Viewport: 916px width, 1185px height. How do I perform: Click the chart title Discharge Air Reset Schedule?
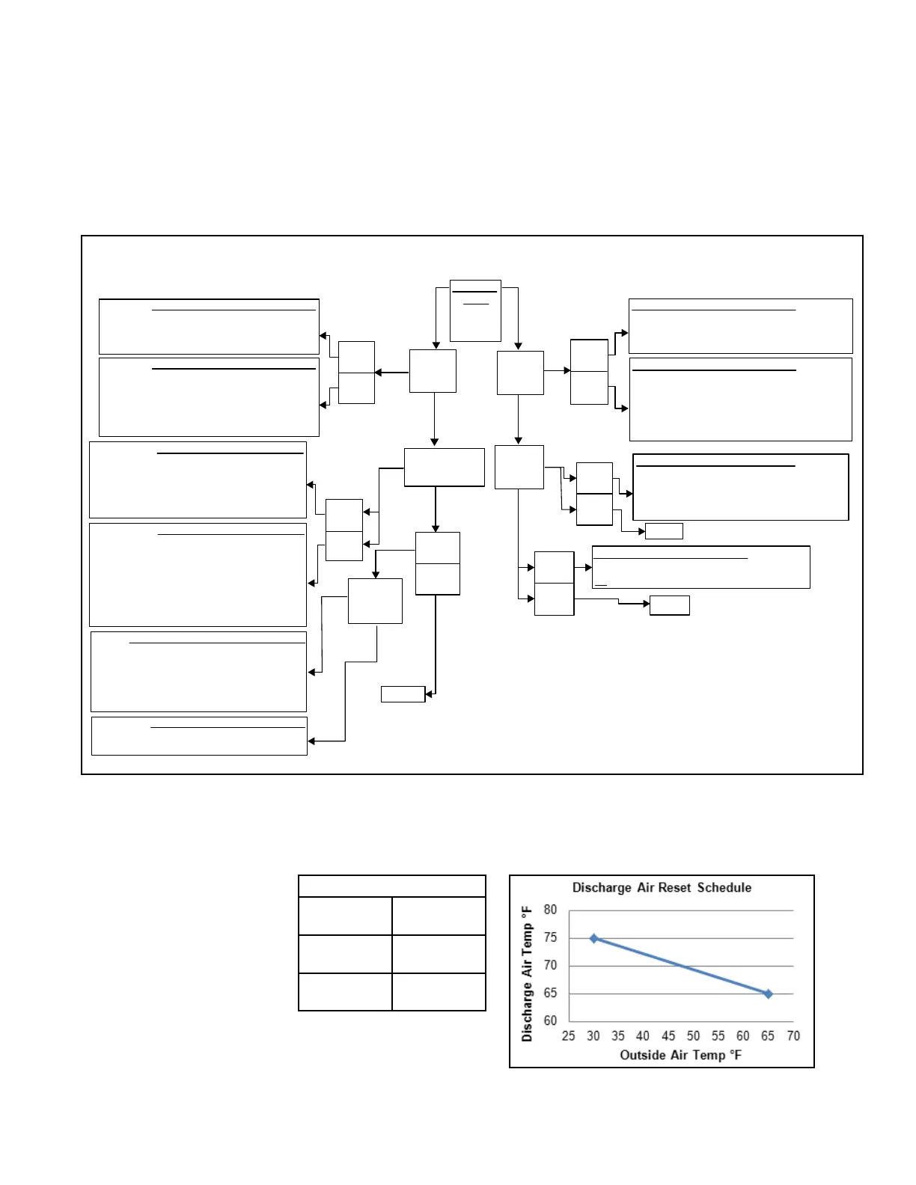(662, 887)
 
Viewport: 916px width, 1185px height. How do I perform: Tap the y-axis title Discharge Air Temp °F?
(526, 973)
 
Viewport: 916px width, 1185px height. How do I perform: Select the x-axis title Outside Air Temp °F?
(680, 1055)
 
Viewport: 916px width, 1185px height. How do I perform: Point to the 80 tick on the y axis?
(550, 910)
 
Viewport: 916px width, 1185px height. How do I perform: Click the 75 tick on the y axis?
(550, 937)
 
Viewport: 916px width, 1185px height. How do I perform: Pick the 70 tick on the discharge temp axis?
(550, 965)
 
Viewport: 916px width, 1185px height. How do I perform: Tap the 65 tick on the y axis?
(550, 993)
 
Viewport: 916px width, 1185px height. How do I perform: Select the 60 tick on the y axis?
(550, 1021)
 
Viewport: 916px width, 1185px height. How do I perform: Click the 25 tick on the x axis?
(569, 1035)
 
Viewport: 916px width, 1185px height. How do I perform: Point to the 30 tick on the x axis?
(593, 1035)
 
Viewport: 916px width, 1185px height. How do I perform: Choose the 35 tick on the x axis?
(618, 1035)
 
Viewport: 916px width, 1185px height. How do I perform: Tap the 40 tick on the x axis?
(643, 1035)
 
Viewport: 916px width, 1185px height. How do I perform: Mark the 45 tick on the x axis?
(668, 1035)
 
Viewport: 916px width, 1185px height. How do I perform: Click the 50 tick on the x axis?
(693, 1035)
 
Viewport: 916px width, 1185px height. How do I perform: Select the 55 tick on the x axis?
(718, 1035)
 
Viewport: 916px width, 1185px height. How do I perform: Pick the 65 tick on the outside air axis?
(768, 1035)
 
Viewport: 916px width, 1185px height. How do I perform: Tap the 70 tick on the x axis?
(793, 1035)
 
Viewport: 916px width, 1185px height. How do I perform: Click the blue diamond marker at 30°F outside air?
(594, 939)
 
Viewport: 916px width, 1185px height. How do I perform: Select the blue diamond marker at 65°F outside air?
(768, 994)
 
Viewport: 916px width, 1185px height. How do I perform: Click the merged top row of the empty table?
(391, 887)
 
